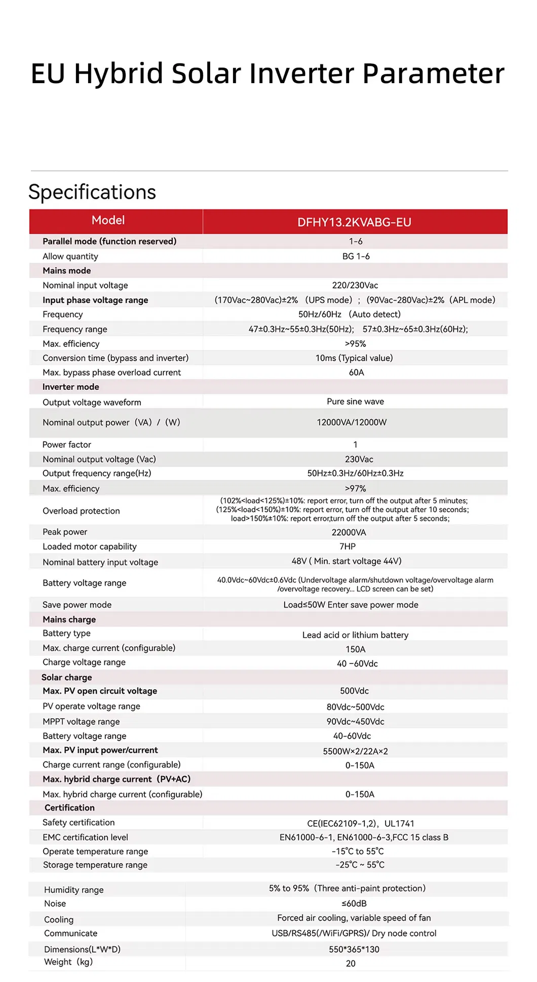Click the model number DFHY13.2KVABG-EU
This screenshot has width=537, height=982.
tap(354, 222)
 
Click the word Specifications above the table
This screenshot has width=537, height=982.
tap(92, 192)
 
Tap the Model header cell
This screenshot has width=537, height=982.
tap(108, 220)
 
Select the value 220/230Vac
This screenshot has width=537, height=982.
tap(355, 286)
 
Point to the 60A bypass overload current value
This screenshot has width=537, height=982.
tap(356, 372)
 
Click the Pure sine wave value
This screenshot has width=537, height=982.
tap(355, 401)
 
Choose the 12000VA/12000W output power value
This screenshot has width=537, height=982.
tap(352, 422)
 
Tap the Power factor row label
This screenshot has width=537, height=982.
tap(67, 444)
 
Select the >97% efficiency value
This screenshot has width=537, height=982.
tap(355, 488)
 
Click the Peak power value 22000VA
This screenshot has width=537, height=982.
tap(349, 532)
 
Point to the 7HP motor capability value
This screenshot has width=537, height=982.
tap(348, 546)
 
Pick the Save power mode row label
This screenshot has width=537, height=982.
tap(77, 605)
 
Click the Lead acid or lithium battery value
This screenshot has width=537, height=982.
tap(355, 635)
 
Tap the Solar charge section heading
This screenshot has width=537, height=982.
tap(67, 677)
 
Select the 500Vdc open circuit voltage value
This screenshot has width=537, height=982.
tap(354, 691)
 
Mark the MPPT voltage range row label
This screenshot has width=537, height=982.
tap(81, 721)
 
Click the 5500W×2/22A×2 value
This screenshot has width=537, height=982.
tap(355, 751)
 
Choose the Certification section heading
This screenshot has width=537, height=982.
tap(69, 808)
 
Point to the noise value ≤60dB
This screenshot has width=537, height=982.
tap(354, 903)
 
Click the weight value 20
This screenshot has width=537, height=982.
tap(351, 963)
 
